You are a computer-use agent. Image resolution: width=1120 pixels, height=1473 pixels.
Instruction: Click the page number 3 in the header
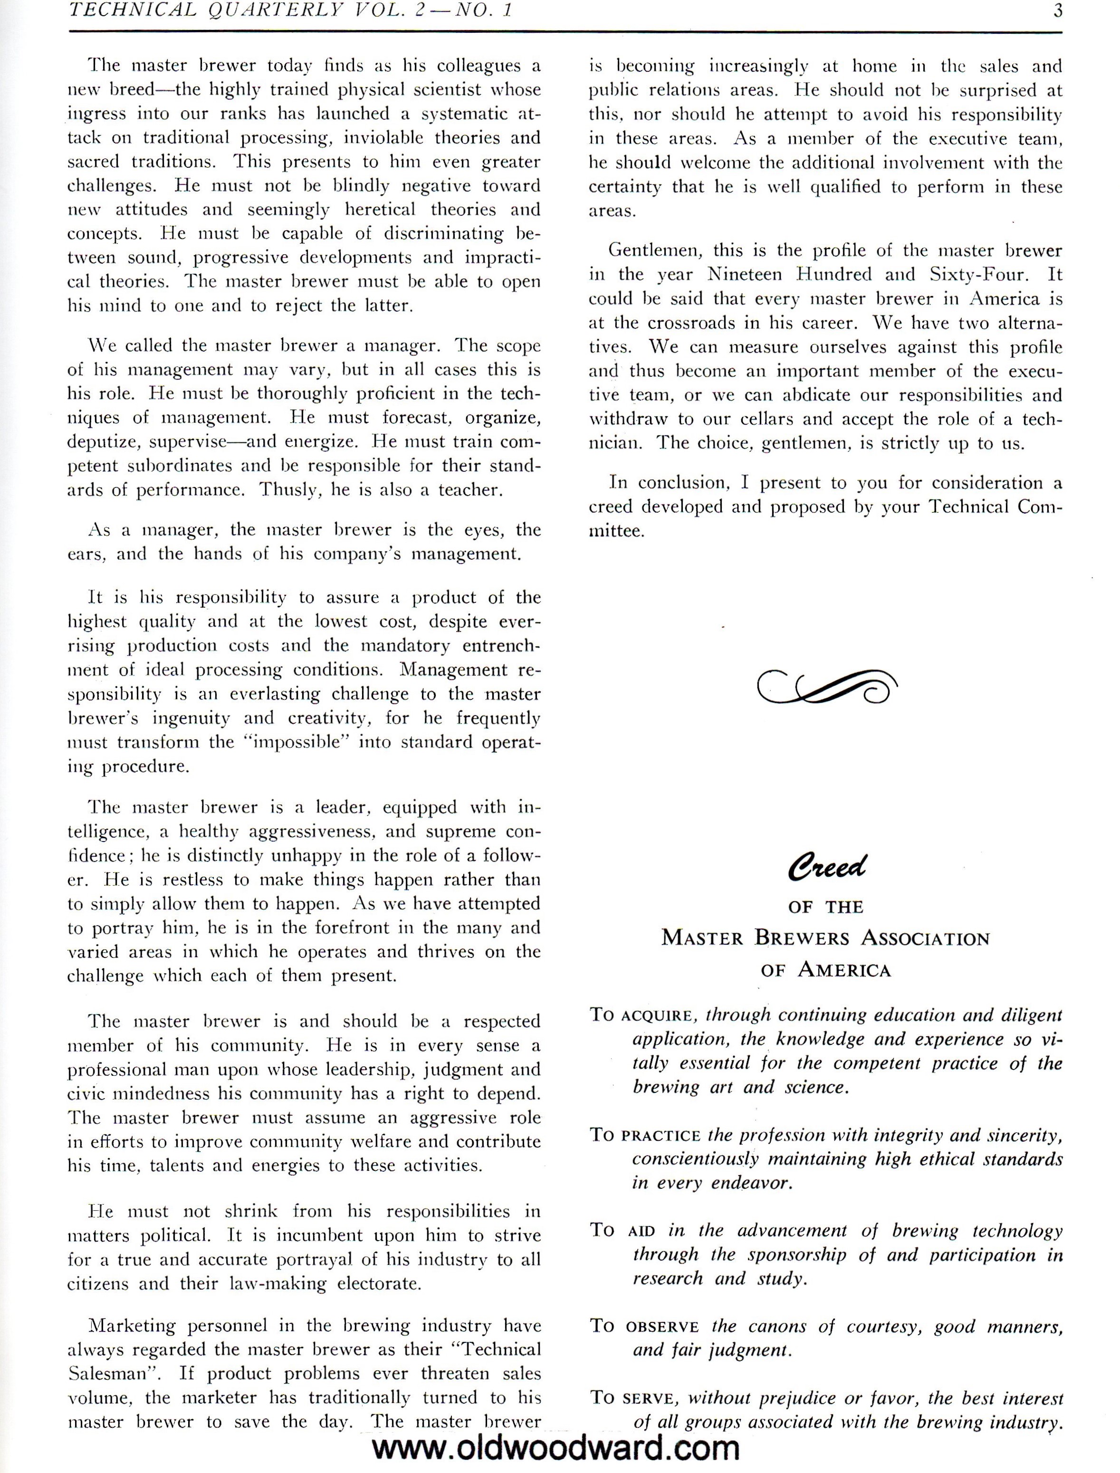click(x=1057, y=11)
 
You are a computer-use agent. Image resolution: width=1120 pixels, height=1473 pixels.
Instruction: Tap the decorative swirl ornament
click(x=827, y=687)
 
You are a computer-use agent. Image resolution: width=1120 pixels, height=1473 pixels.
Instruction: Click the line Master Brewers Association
click(x=825, y=938)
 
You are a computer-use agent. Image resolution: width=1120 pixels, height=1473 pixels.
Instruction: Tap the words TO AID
click(x=622, y=1230)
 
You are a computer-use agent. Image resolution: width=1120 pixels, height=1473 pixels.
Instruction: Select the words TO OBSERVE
click(x=644, y=1326)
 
